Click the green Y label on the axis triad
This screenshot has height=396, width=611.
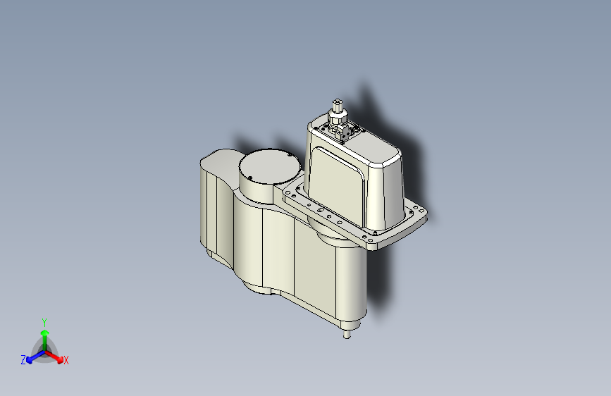(x=44, y=322)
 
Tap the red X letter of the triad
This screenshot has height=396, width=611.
(x=66, y=360)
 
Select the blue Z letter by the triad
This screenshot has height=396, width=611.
(x=23, y=360)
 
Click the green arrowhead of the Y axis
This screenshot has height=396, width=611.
(x=45, y=333)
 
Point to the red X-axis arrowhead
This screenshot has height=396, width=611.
(x=59, y=359)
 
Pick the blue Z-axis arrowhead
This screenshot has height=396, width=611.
(x=30, y=360)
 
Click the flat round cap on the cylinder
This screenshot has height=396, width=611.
(x=270, y=166)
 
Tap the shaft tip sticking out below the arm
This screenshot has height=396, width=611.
(x=347, y=335)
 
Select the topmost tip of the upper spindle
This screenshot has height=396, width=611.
(x=338, y=101)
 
